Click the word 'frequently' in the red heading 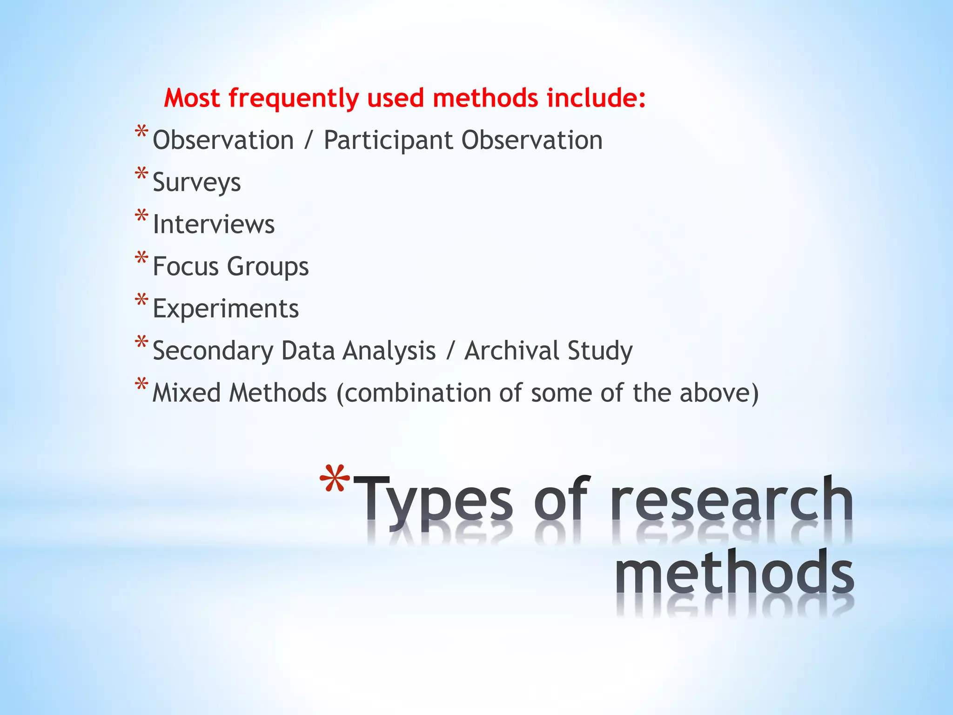(293, 99)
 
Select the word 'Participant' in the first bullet (388, 141)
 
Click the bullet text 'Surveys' (197, 182)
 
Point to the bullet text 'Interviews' (214, 224)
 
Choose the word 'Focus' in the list (186, 267)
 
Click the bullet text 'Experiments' (226, 309)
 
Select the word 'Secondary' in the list (213, 351)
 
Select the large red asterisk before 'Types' (335, 479)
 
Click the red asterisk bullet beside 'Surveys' (141, 174)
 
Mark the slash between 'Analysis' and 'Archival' (450, 351)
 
